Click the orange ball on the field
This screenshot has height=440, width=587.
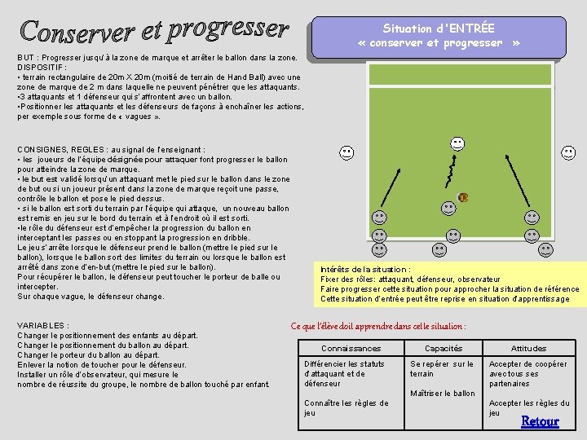click(x=463, y=197)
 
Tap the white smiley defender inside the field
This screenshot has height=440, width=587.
click(x=457, y=144)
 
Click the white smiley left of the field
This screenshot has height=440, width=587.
click(x=346, y=152)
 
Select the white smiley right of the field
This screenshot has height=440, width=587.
click(x=568, y=152)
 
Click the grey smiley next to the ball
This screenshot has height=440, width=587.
click(x=448, y=208)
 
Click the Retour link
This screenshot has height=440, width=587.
click(x=540, y=421)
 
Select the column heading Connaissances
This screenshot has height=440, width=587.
click(x=351, y=349)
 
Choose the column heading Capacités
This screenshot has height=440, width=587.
click(x=444, y=349)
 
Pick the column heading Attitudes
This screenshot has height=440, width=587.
click(x=528, y=349)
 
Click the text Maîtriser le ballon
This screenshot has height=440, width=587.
click(x=443, y=394)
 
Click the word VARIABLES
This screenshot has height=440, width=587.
click(x=42, y=325)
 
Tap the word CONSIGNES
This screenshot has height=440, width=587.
click(x=43, y=150)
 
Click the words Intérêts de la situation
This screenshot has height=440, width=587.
click(x=365, y=270)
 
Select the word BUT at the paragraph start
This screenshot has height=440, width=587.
click(x=25, y=58)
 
